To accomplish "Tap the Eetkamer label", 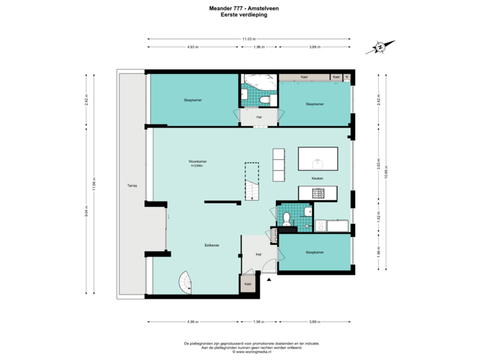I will pos(213,245).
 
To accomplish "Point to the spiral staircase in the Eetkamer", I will pos(185,283).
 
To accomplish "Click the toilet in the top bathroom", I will pos(267,100).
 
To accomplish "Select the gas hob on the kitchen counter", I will pos(319,193).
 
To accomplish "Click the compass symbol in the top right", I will pos(379,47).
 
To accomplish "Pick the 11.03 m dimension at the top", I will pos(247,39).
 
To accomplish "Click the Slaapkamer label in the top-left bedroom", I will pos(193,101).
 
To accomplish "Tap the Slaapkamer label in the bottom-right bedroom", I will pos(315,253).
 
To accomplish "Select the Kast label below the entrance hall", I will pos(248,283).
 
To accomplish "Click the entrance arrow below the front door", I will pos(269,280).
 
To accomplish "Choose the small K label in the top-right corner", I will pos(347,76).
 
